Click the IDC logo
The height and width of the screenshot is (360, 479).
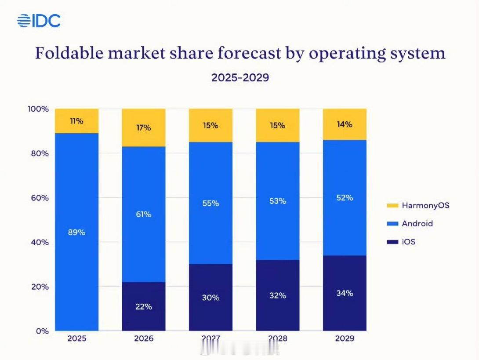39,21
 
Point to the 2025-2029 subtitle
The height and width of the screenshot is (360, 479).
240,78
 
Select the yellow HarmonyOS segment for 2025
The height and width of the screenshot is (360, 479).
77,121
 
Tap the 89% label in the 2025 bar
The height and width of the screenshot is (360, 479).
76,233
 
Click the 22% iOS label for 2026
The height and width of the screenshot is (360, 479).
143,306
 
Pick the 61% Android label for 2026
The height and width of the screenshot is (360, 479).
143,214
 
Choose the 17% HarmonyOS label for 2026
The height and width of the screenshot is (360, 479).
143,128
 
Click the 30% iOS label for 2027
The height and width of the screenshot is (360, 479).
210,298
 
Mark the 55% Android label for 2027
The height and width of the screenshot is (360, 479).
210,204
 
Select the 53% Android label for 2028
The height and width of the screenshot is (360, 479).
278,201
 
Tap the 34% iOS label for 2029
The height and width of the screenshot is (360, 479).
345,293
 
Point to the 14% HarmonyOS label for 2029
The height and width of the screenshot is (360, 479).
345,124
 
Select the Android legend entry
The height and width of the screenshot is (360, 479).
411,223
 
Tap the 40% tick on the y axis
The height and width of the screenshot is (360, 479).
40,242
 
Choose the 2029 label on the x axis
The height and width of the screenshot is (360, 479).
345,339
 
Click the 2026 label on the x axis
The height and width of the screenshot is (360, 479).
143,339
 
